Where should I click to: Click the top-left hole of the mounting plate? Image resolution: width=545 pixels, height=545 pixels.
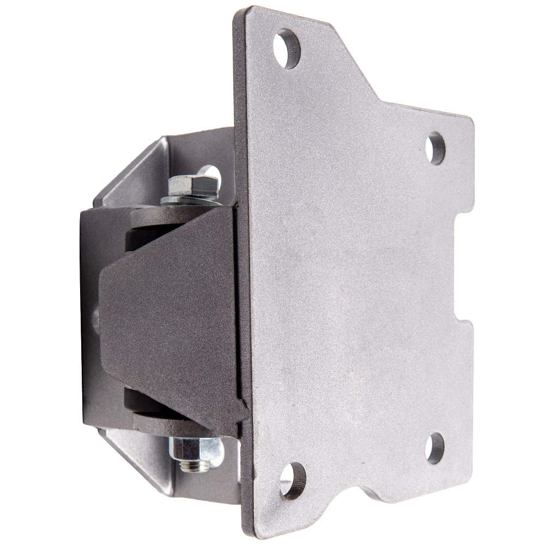(x=287, y=48)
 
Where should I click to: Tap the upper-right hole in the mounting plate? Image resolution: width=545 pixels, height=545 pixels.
(x=436, y=148)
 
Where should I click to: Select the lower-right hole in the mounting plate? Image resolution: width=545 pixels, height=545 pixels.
(x=435, y=448)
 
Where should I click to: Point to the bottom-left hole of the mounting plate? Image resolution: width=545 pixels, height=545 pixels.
(x=293, y=480)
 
